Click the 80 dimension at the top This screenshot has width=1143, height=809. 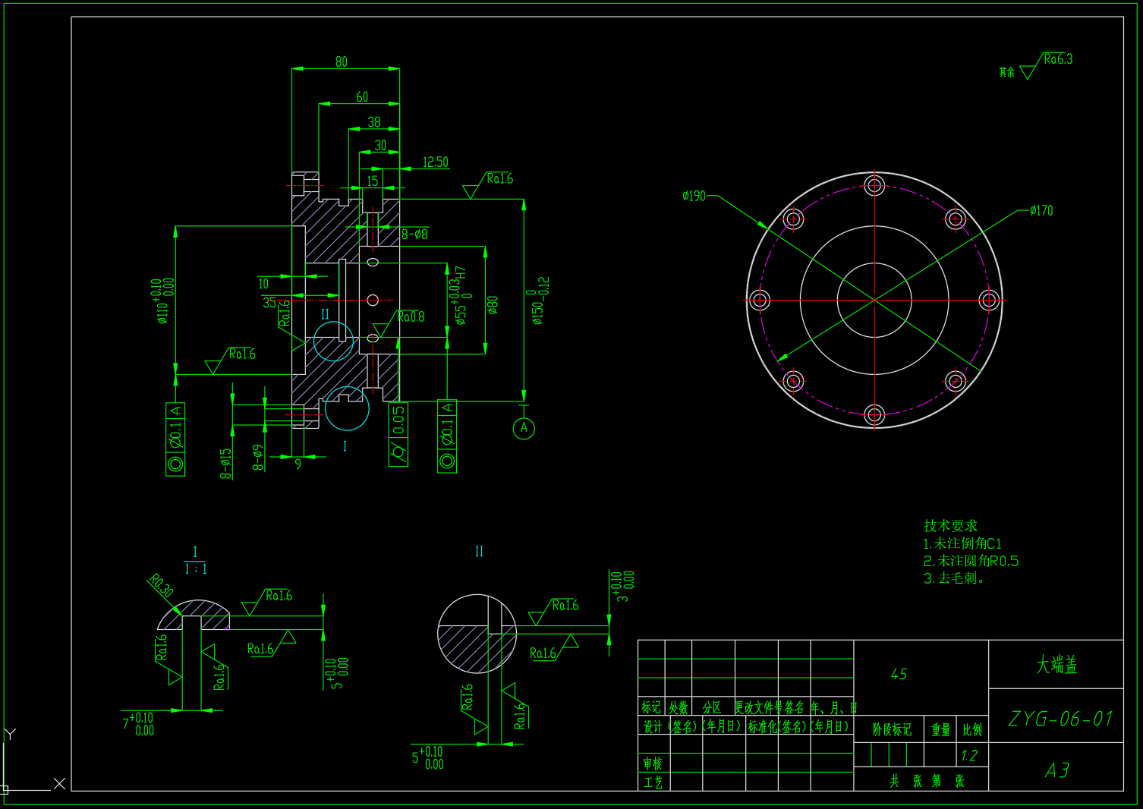[x=342, y=61]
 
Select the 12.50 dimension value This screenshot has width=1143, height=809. [x=435, y=162]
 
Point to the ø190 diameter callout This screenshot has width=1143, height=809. [x=694, y=196]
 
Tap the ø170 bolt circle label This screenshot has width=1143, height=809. [x=1041, y=210]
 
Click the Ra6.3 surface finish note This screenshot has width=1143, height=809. [x=1057, y=59]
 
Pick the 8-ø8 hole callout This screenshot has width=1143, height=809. [x=415, y=235]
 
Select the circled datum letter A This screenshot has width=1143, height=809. [x=524, y=428]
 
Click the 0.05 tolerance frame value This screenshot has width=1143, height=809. [x=398, y=420]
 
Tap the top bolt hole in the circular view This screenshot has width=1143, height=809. [x=874, y=185]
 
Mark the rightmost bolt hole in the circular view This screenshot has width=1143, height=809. [x=988, y=300]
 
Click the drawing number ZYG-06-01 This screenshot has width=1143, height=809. [x=1060, y=719]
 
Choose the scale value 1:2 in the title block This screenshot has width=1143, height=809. [x=969, y=756]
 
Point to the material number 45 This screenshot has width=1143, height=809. [x=899, y=674]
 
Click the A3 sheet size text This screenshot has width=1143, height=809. [x=1056, y=771]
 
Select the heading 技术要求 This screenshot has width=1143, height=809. [x=950, y=525]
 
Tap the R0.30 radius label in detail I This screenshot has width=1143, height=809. [x=160, y=585]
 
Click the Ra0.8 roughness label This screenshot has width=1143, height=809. [x=411, y=316]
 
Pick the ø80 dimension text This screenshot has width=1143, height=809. [x=493, y=306]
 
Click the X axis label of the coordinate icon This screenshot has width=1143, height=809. [x=60, y=783]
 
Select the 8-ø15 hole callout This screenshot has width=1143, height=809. [x=226, y=463]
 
